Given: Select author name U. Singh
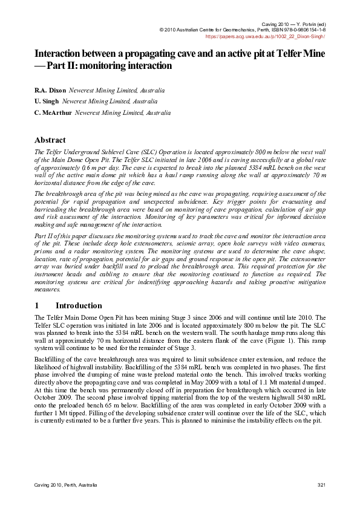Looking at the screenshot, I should click(47, 102).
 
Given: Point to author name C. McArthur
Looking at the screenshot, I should click(53, 112).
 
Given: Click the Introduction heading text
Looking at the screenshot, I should click(79, 305).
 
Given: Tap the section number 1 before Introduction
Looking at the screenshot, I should click(37, 305).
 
